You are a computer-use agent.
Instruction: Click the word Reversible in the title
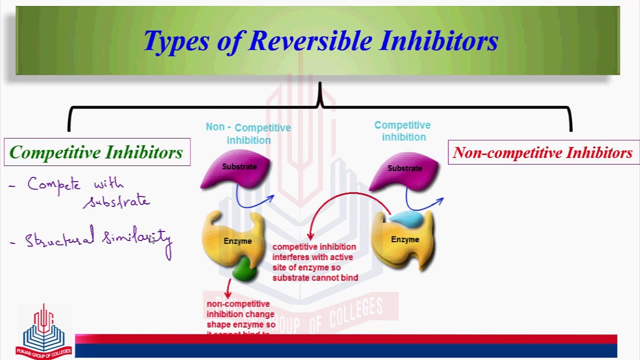point(310,41)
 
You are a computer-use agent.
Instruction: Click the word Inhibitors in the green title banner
point(438,41)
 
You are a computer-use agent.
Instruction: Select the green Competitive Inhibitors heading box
point(96,152)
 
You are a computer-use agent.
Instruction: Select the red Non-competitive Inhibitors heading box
point(542,153)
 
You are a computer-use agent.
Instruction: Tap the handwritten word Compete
point(53,184)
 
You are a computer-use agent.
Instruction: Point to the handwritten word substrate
point(117,201)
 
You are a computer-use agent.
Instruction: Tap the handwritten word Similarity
point(137,238)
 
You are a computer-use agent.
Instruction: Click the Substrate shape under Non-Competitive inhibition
point(238,170)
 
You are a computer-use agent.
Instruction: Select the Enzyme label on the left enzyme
point(237,241)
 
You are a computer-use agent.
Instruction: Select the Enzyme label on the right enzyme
point(405,240)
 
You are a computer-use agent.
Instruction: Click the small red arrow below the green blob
point(229,289)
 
